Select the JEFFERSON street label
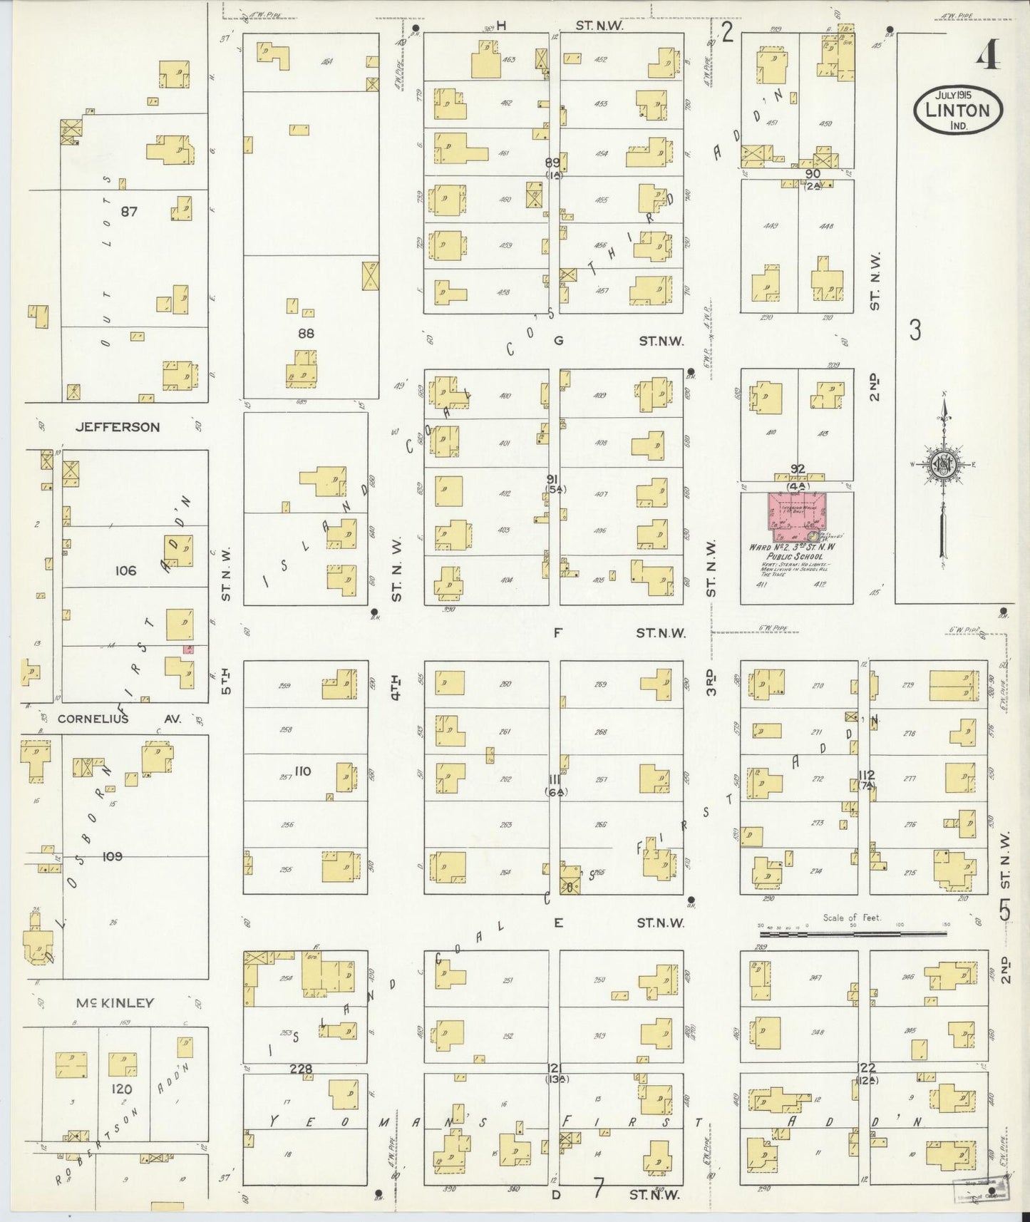[118, 427]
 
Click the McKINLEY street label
[115, 1003]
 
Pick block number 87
[129, 211]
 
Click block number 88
[307, 333]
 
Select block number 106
[125, 570]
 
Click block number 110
[302, 771]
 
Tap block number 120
[122, 1089]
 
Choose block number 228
[302, 1068]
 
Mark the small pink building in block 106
[188, 649]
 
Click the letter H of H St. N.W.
[501, 26]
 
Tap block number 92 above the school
[797, 468]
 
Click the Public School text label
[794, 557]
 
